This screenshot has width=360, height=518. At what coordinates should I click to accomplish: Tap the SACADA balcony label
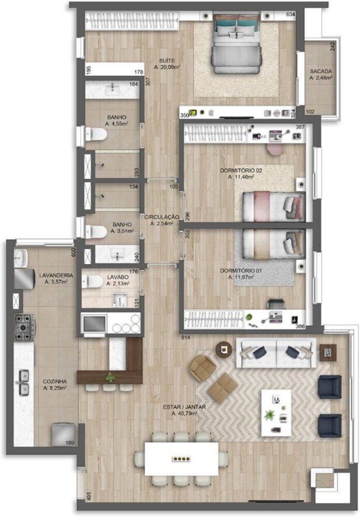(x=321, y=71)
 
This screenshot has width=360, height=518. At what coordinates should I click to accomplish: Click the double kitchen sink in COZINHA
(x=23, y=381)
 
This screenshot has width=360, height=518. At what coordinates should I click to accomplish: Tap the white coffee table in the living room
(x=276, y=412)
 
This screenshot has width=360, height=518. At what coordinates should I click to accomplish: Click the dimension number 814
(x=186, y=338)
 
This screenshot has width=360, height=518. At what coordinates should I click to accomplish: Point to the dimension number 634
(x=290, y=15)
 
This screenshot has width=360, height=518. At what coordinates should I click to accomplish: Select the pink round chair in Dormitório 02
(x=275, y=149)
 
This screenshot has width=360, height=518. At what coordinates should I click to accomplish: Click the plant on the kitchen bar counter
(x=109, y=376)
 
